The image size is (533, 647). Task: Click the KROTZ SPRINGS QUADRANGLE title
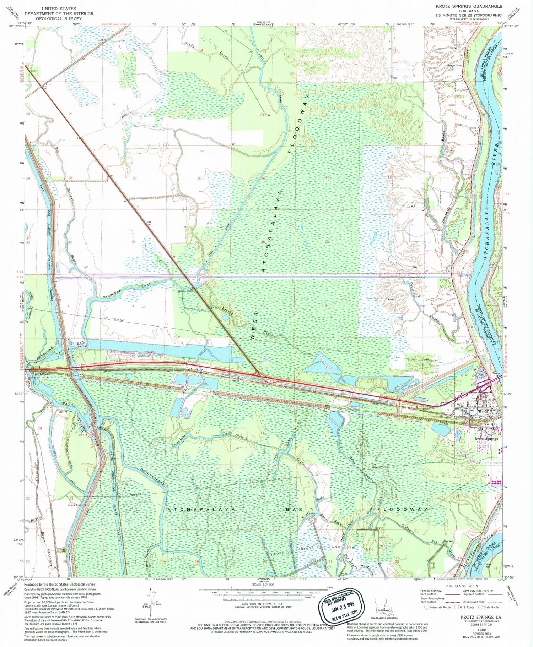click(x=469, y=6)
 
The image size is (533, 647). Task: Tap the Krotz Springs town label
click(x=486, y=439)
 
